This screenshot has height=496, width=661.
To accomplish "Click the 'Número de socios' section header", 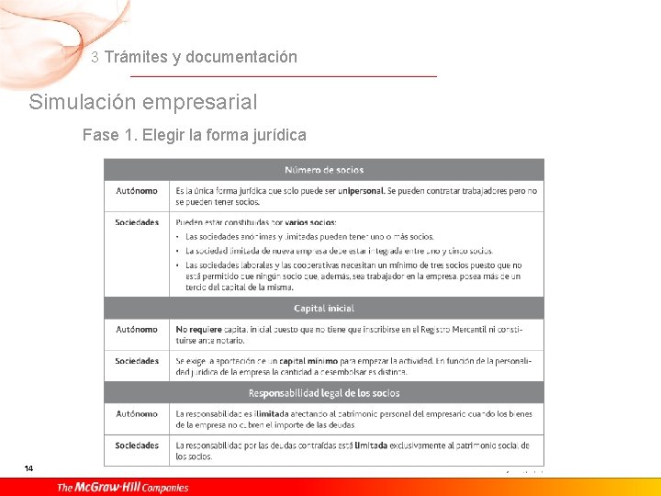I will pos(323,170).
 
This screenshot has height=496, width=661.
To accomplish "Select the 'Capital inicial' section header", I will pos(323,309).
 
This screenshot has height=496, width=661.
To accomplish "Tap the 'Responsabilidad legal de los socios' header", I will pos(323,393).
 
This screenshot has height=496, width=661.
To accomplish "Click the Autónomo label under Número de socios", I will pos(136,191).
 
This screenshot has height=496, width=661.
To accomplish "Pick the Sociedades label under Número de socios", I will pos(137,222).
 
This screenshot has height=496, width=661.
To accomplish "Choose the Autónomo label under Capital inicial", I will pos(136,329).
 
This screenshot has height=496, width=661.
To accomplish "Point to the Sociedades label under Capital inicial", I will pos(137,361).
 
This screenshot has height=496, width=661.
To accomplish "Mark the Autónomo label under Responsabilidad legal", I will pos(136,414).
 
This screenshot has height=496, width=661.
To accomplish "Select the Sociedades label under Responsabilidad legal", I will pos(137,445).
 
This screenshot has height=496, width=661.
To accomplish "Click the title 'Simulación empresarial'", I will pos(143,102).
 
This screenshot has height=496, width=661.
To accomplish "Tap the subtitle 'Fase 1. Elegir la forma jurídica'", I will pos(194,136).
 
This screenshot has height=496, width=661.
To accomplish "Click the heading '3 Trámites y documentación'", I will pos(195,57).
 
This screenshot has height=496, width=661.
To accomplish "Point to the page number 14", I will pos(29,469).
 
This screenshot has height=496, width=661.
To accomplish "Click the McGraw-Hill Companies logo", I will pos(122,487).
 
